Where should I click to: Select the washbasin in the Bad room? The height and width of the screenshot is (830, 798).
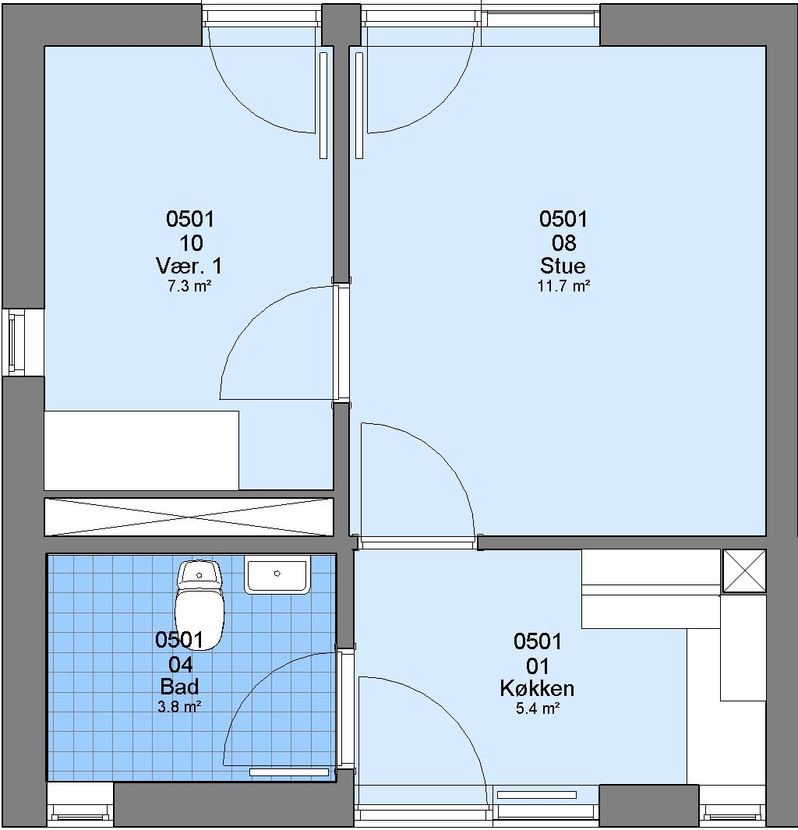click(x=277, y=574)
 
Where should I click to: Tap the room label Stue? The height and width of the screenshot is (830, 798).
click(x=563, y=265)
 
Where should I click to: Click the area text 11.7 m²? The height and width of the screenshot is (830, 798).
click(x=563, y=286)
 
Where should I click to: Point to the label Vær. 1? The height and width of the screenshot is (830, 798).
click(x=189, y=265)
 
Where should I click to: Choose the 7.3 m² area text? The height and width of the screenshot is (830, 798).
click(x=189, y=286)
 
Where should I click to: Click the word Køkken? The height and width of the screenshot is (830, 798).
click(x=537, y=688)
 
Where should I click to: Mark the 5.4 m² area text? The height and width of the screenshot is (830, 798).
click(x=538, y=708)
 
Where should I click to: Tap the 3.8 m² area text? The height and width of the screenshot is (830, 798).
click(x=179, y=707)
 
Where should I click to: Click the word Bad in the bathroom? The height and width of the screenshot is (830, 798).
click(x=179, y=687)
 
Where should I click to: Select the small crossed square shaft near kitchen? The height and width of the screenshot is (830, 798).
click(x=744, y=570)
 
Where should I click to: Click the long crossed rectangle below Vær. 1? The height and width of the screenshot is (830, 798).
click(x=189, y=517)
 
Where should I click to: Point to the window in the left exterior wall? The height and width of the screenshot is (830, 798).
click(x=16, y=342)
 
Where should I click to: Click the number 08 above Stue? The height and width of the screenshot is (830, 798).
click(x=563, y=243)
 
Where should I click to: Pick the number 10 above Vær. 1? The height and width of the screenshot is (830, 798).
click(x=191, y=243)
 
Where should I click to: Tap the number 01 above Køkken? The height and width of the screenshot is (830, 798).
click(x=537, y=666)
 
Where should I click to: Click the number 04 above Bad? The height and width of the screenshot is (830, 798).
click(x=180, y=664)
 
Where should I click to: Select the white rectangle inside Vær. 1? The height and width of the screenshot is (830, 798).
click(x=141, y=450)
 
